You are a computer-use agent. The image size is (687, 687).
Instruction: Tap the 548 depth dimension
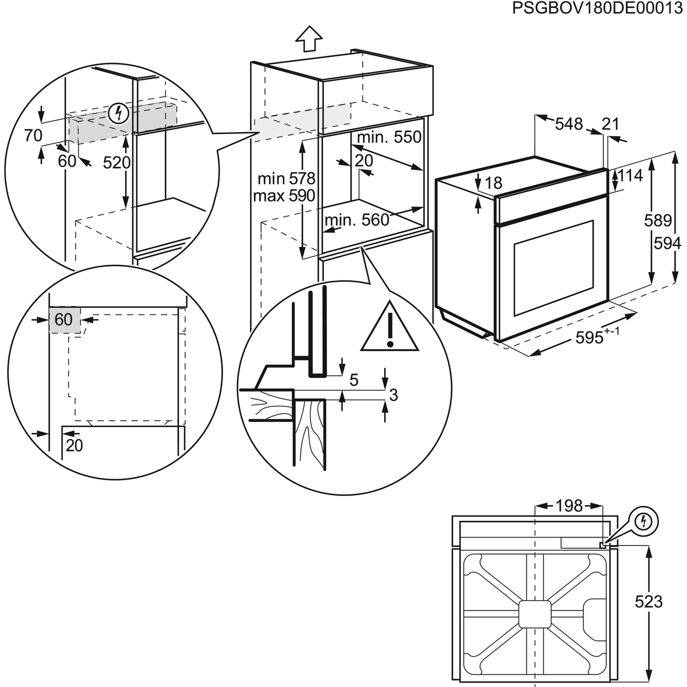568,124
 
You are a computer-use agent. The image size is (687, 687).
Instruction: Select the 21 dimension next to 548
611,124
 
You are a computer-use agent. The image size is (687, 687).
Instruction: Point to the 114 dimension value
631,176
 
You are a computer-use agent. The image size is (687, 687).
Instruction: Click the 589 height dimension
657,220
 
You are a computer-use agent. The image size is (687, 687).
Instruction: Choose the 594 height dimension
668,244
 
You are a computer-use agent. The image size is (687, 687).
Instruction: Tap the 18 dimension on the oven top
493,183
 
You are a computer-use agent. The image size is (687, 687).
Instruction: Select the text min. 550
389,137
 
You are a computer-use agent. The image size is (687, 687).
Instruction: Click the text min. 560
357,220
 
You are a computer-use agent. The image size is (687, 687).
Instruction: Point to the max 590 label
284,196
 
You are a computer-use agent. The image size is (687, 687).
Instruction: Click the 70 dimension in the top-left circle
33,136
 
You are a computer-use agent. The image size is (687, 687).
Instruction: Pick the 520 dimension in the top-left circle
117,163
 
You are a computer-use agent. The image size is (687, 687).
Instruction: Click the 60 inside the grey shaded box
64,319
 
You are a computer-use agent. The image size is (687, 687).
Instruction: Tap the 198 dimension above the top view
568,506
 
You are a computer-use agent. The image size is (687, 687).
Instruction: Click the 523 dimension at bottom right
649,601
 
